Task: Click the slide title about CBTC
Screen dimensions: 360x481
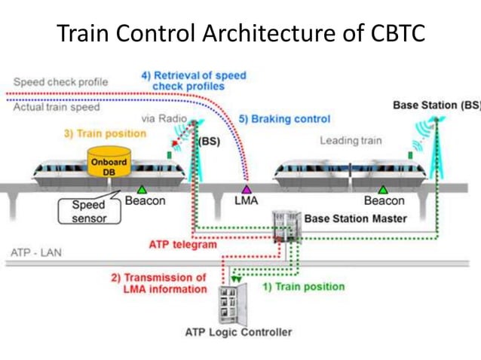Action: pyautogui.click(x=240, y=33)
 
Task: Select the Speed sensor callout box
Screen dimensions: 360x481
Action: pyautogui.click(x=89, y=211)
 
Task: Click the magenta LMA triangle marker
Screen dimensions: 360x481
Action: pyautogui.click(x=245, y=189)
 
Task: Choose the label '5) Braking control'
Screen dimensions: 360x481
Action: pyautogui.click(x=284, y=119)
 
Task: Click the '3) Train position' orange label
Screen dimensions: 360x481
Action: pyautogui.click(x=104, y=133)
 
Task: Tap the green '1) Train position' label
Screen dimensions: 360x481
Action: pyautogui.click(x=302, y=286)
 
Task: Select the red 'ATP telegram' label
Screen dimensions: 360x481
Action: pyautogui.click(x=183, y=244)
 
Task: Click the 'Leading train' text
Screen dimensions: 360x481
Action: pyautogui.click(x=351, y=140)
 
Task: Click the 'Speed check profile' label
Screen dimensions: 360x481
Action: pyautogui.click(x=60, y=81)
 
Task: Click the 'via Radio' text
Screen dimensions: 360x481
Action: pyautogui.click(x=164, y=119)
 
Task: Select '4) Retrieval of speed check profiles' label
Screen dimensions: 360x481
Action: pyautogui.click(x=194, y=81)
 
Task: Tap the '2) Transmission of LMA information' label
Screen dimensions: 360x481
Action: pyautogui.click(x=158, y=283)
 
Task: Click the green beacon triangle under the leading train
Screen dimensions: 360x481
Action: pyautogui.click(x=383, y=189)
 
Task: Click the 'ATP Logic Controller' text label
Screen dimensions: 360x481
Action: pyautogui.click(x=238, y=332)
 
